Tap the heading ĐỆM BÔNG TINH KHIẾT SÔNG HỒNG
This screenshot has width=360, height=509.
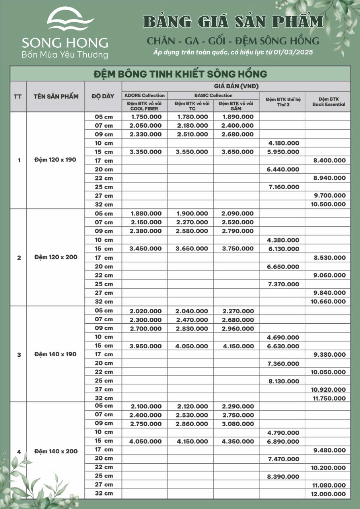point(180,74)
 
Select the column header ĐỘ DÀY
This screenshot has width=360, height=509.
point(103,96)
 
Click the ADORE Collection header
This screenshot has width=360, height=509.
point(144,95)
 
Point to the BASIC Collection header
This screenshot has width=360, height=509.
point(213,95)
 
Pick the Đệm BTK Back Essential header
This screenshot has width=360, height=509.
point(329,101)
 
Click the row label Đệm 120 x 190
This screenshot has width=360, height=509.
point(55,160)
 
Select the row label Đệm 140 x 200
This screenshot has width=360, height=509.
point(55,451)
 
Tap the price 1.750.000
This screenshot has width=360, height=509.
point(146,117)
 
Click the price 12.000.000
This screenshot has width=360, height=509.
point(329,494)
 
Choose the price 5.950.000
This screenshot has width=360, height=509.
point(283,152)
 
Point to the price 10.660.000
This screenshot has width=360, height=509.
point(329,302)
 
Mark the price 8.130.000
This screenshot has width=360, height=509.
point(283,381)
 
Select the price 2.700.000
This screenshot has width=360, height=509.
point(146,328)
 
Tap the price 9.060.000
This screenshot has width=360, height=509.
point(329,275)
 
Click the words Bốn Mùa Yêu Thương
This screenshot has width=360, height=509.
point(64,55)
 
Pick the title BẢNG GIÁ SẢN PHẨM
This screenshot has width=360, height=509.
point(234,22)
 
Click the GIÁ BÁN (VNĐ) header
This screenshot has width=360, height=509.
point(236,86)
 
